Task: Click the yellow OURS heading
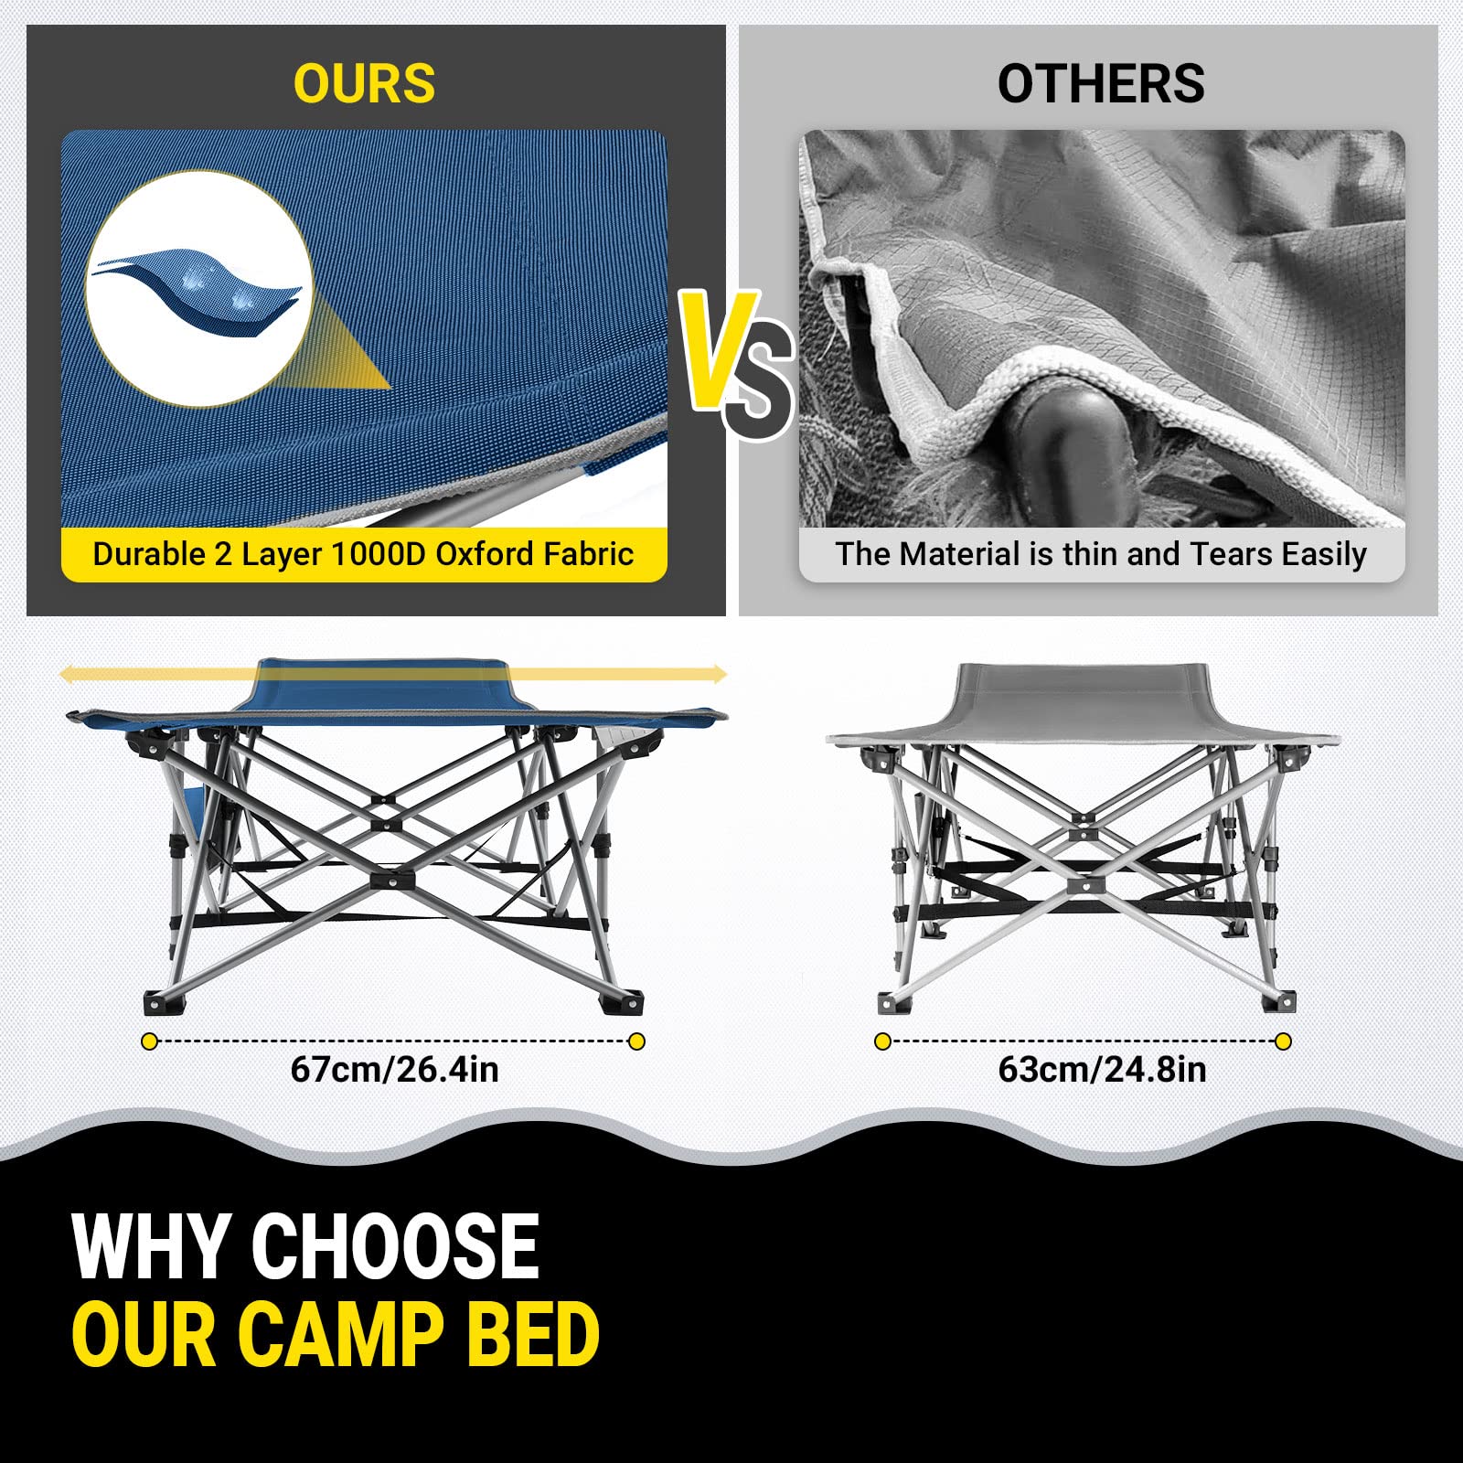364,84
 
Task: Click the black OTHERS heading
1101,84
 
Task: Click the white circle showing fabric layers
200,288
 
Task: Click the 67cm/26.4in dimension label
395,1070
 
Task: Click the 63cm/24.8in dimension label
1102,1070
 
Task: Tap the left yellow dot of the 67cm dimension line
150,1041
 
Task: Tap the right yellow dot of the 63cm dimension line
1283,1041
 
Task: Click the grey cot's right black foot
1277,1000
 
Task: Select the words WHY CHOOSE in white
305,1246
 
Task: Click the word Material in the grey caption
960,554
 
